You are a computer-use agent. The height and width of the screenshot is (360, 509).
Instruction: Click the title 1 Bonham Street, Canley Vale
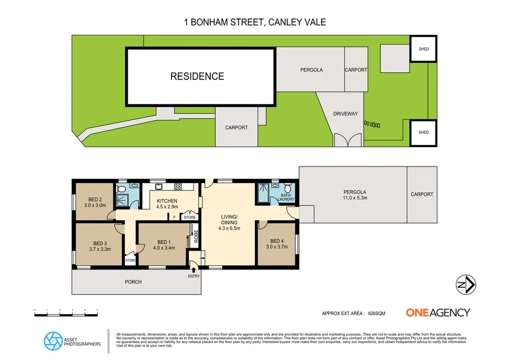coord(254,22)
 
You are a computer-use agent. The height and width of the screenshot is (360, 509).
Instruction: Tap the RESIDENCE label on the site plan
coord(197,76)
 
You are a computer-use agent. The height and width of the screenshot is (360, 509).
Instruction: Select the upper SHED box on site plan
coord(424,49)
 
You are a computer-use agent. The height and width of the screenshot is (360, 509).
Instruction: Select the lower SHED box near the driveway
coord(424,132)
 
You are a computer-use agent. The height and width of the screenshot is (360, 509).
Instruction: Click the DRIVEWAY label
coord(345,114)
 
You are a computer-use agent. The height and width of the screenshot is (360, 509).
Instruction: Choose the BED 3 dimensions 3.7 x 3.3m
coord(100,249)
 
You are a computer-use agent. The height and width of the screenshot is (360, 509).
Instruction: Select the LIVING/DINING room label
coord(230,222)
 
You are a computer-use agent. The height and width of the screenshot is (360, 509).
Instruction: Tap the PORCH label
coord(133,282)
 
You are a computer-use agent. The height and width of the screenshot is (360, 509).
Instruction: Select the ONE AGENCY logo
coord(437,313)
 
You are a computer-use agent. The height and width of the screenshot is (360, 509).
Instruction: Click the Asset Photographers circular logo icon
coord(52,341)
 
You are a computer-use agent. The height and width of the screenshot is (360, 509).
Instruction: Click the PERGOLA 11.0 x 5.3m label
coord(355,195)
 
